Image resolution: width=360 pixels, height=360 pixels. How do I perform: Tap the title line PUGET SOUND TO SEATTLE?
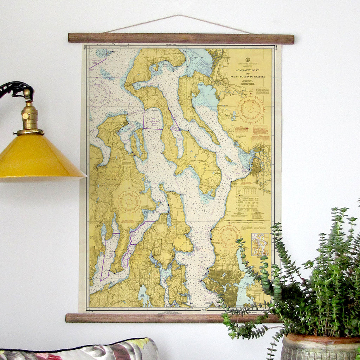247,76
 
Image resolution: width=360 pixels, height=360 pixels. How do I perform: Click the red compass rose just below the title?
251,109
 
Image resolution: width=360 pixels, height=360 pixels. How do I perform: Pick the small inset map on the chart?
260,245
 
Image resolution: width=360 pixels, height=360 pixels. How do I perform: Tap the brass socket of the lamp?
30,116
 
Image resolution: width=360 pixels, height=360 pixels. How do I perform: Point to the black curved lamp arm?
16,88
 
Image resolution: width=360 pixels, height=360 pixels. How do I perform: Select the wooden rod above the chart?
181,38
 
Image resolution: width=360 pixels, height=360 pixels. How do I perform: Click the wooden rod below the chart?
158,318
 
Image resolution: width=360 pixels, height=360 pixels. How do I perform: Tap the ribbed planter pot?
320,348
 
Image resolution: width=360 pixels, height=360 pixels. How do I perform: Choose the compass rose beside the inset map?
229,237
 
